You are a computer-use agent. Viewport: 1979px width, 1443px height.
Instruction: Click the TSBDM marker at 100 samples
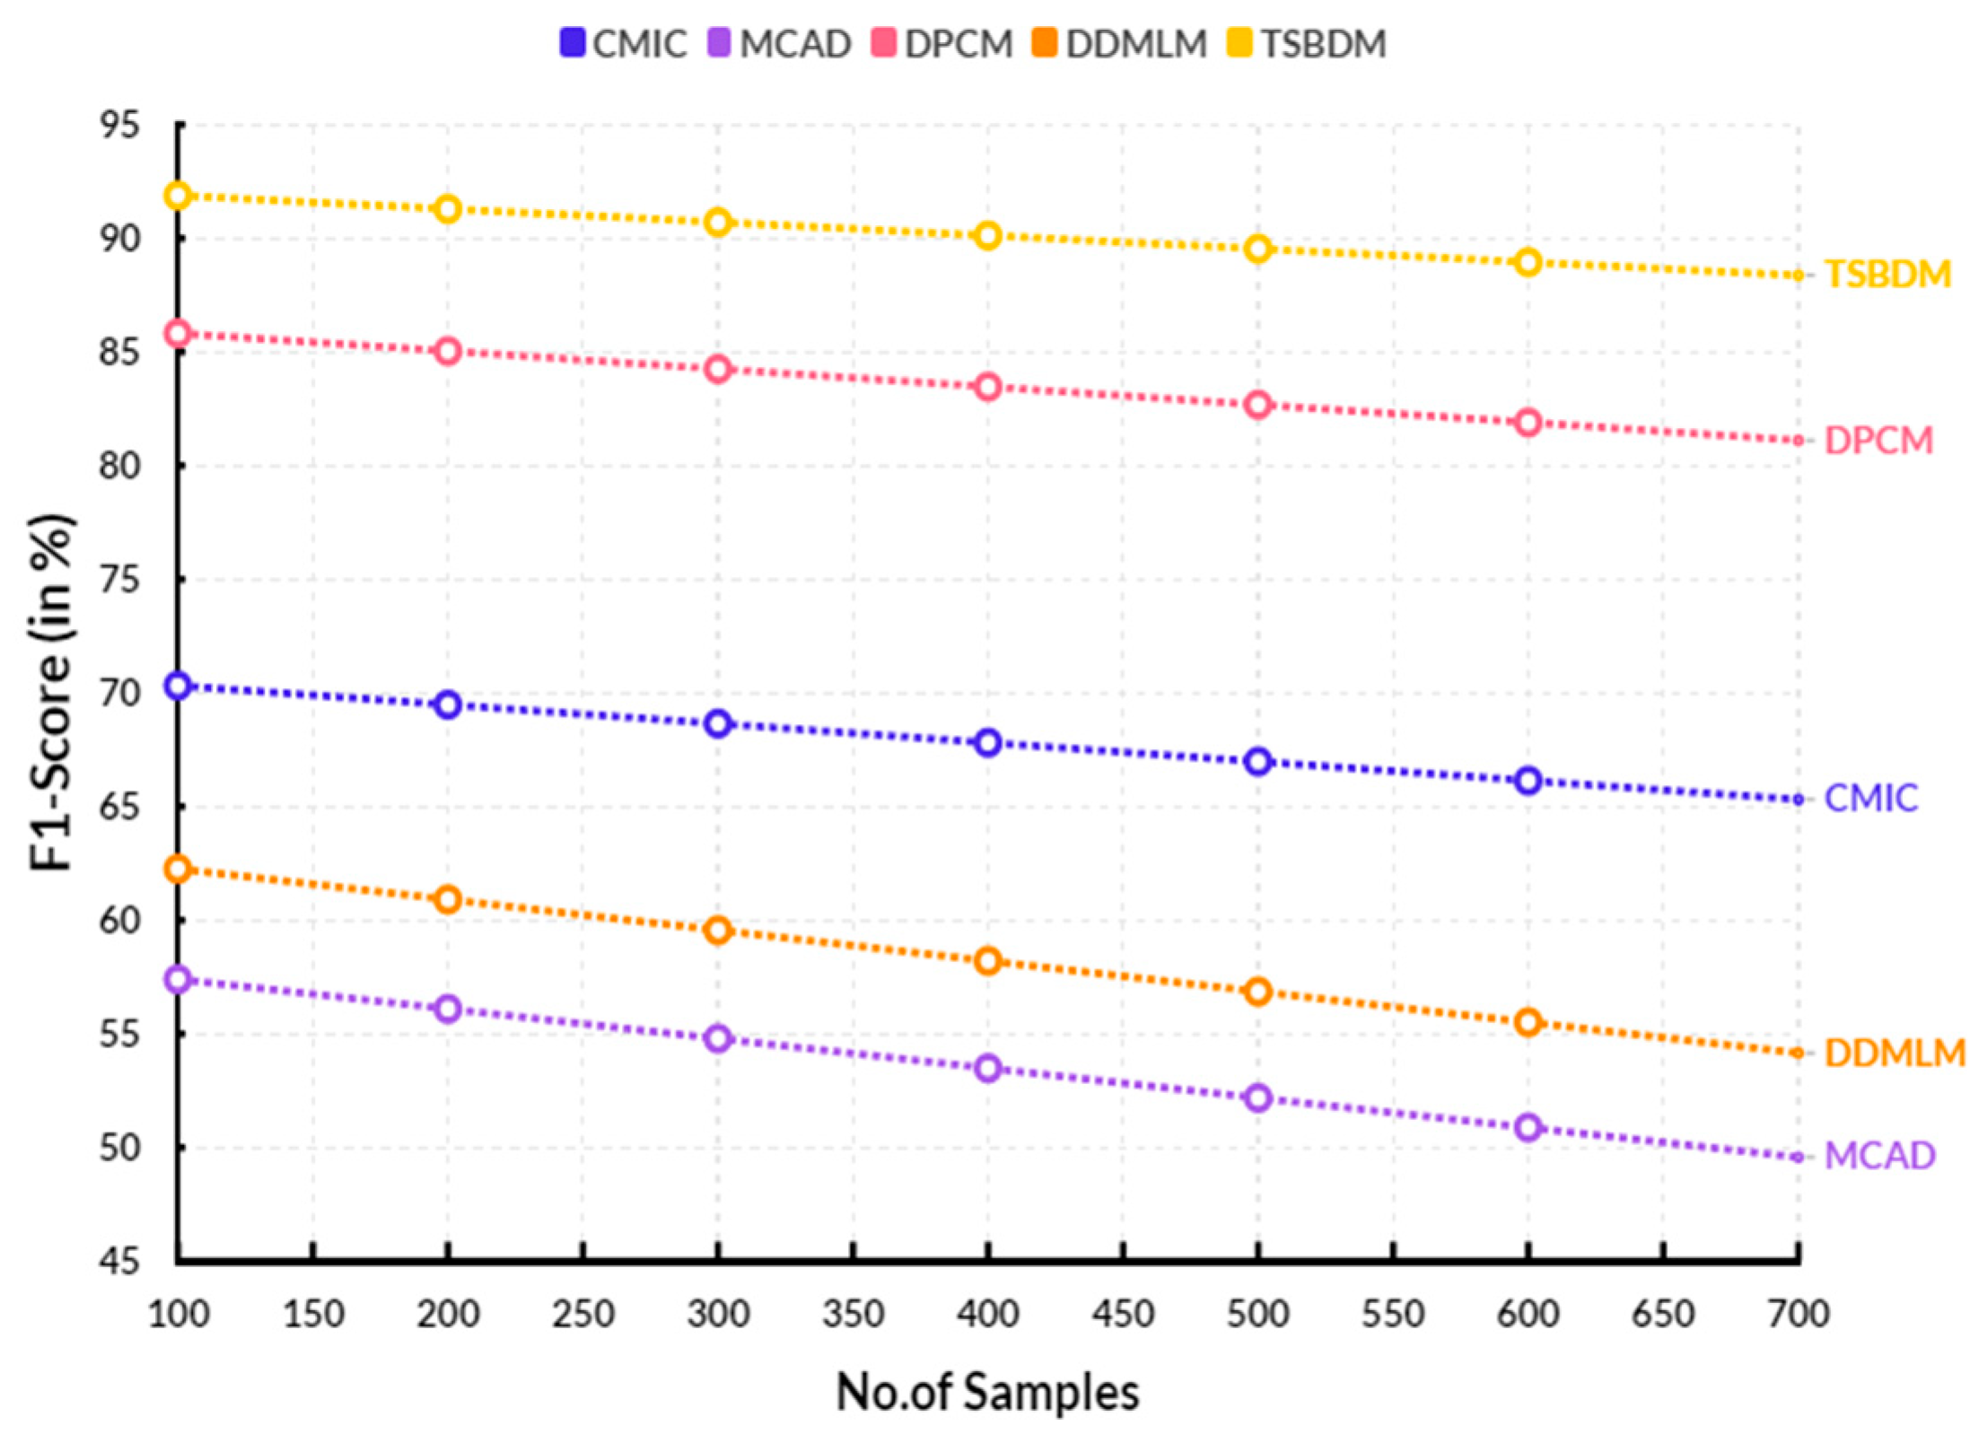click(178, 196)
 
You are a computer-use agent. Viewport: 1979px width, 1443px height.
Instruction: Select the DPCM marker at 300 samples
click(718, 369)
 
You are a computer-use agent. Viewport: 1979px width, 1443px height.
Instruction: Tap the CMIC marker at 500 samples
click(1258, 762)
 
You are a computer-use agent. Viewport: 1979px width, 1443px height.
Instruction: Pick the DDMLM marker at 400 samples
click(988, 961)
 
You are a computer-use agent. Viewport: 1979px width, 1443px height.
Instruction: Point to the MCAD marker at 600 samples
click(1528, 1127)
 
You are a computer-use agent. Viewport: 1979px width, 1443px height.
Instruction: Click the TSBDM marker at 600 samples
click(1528, 263)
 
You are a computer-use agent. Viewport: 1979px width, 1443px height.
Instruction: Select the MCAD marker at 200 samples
click(448, 1009)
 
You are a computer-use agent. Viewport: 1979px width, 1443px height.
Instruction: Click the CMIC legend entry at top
click(624, 44)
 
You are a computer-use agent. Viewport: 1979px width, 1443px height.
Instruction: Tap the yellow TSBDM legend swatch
click(1239, 43)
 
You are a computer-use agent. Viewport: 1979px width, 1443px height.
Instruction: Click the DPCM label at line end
click(1878, 441)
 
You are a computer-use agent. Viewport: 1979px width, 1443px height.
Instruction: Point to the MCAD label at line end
click(1879, 1156)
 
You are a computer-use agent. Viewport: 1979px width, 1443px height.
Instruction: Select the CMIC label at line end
click(1870, 798)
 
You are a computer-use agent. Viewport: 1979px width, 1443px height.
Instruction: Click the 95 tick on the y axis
click(120, 126)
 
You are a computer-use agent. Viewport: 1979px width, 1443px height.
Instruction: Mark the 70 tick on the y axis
click(120, 694)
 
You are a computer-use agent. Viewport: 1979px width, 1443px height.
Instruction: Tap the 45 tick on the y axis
click(120, 1262)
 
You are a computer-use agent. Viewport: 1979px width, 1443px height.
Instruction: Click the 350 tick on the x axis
click(854, 1315)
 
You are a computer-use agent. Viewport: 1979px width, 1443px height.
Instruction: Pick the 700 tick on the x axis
click(1799, 1315)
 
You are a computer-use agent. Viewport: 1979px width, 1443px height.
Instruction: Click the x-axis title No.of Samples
click(987, 1393)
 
